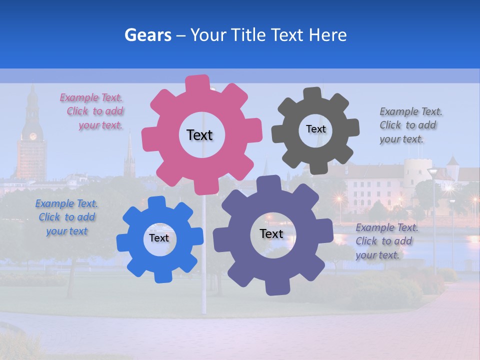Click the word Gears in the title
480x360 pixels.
click(x=148, y=35)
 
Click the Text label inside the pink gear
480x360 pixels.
click(x=199, y=135)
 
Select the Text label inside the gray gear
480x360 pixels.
click(x=315, y=129)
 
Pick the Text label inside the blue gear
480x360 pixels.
click(x=159, y=238)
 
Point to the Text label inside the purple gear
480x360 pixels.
click(x=271, y=233)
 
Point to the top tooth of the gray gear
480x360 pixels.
click(x=313, y=94)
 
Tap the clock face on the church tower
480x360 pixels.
click(x=33, y=136)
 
